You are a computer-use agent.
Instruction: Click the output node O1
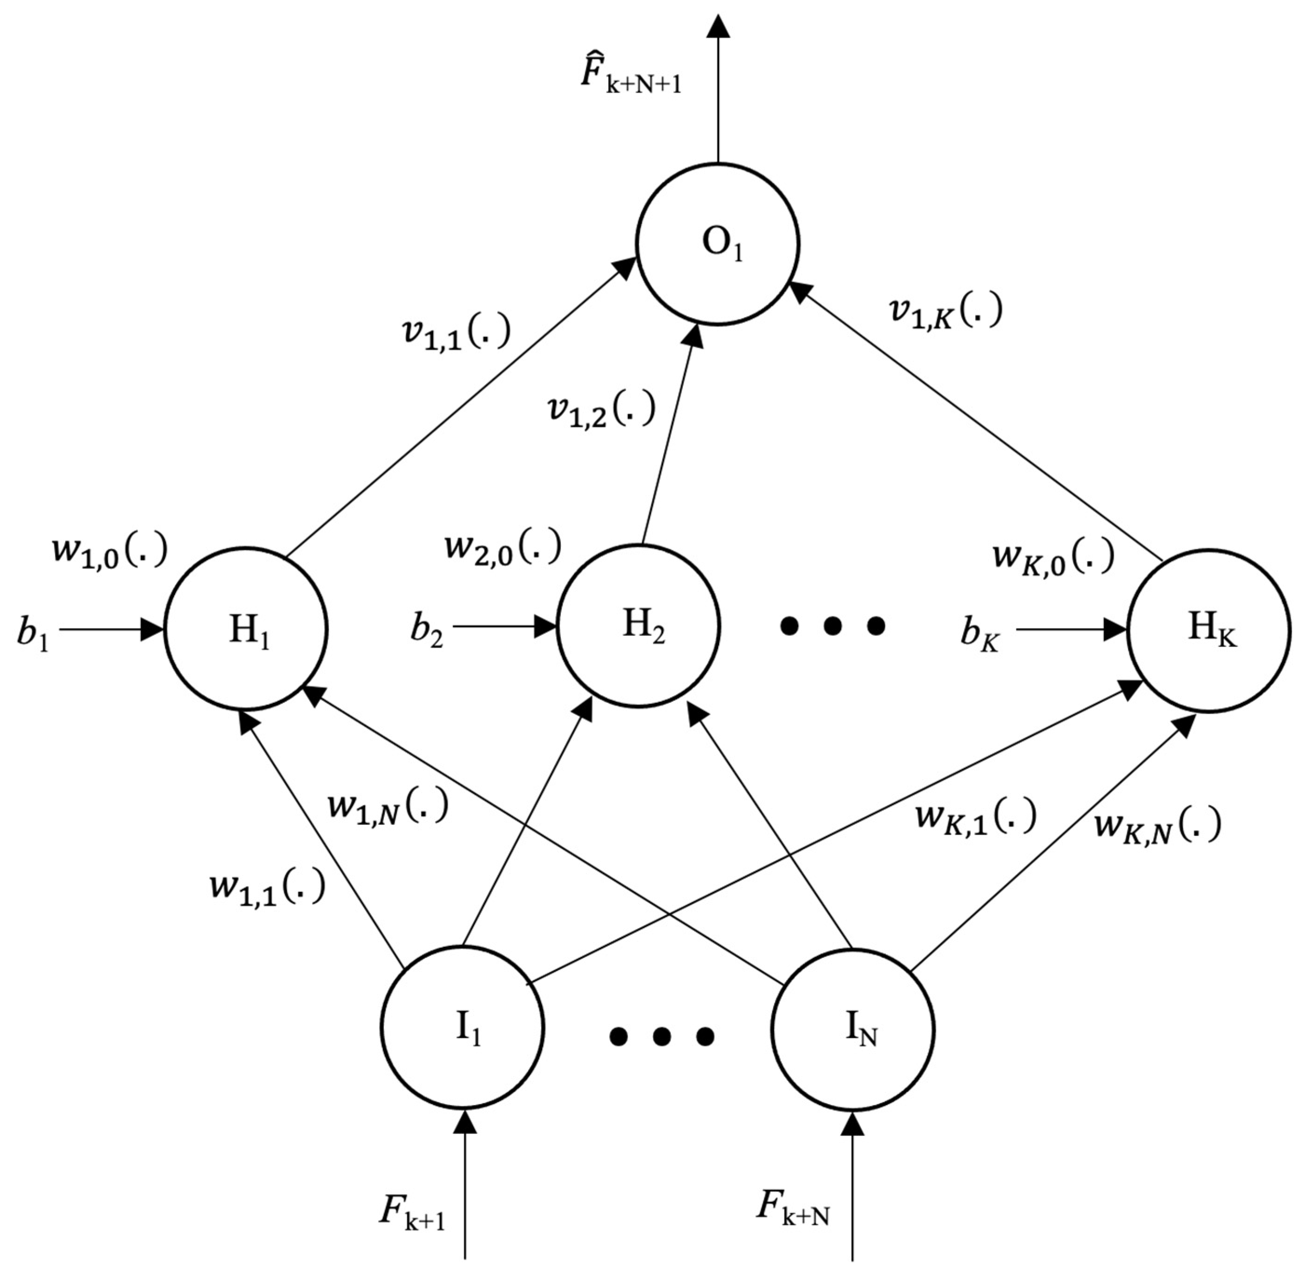pyautogui.click(x=718, y=244)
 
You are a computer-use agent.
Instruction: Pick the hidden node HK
pyautogui.click(x=1209, y=630)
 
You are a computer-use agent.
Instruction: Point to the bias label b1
pyautogui.click(x=32, y=633)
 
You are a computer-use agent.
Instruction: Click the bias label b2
pyautogui.click(x=427, y=630)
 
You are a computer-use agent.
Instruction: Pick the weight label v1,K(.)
pyautogui.click(x=945, y=310)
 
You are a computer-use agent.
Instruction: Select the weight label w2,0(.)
pyautogui.click(x=502, y=546)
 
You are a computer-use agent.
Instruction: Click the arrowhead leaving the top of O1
pyautogui.click(x=718, y=27)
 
